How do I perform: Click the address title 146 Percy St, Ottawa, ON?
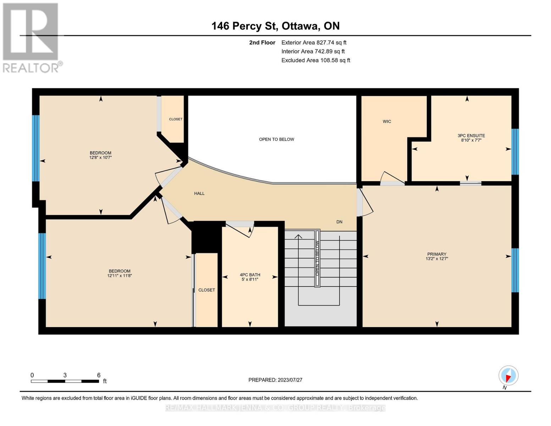click(x=275, y=26)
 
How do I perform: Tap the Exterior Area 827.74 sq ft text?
click(x=314, y=43)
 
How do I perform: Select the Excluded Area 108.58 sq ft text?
click(x=315, y=60)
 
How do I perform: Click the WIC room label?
click(x=387, y=121)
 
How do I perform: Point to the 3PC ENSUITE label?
click(x=471, y=136)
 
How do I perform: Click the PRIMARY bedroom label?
click(x=436, y=254)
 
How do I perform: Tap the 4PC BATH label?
click(x=250, y=275)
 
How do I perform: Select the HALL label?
click(x=199, y=193)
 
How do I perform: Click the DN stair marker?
click(x=339, y=222)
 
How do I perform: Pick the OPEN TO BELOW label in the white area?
click(x=276, y=140)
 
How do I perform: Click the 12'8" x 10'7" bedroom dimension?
click(x=100, y=158)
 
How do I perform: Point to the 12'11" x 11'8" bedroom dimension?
click(x=120, y=276)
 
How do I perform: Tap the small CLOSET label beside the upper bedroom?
click(x=176, y=119)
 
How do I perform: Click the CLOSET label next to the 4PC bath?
click(x=206, y=290)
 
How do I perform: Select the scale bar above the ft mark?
click(x=65, y=381)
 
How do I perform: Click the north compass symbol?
click(x=508, y=376)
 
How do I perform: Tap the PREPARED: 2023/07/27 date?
click(x=275, y=380)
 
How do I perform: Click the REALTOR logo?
click(x=31, y=37)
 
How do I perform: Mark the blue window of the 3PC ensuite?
click(x=515, y=152)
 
